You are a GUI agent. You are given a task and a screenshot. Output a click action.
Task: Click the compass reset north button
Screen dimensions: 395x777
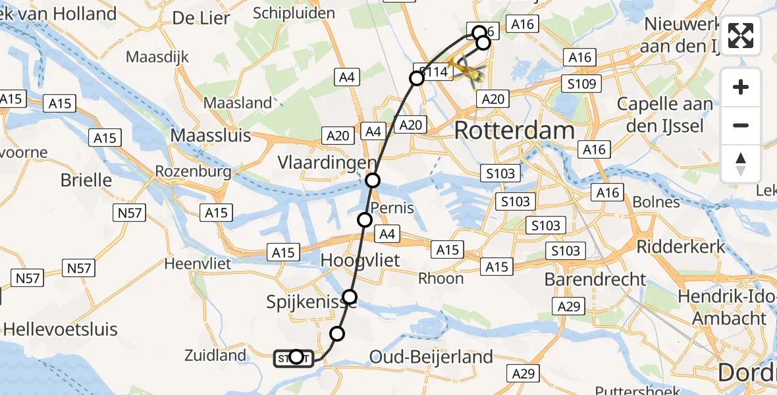741,164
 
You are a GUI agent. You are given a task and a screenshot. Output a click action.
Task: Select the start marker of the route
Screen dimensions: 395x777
296,357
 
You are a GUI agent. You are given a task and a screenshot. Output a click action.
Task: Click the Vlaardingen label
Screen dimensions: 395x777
327,163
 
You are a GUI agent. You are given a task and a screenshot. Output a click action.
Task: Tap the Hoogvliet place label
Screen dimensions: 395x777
360,260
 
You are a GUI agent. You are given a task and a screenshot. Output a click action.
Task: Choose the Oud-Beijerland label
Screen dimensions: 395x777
431,357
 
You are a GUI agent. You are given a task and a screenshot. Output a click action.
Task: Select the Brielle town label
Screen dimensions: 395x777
86,180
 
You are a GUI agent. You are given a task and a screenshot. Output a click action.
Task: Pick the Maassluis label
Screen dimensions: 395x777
211,136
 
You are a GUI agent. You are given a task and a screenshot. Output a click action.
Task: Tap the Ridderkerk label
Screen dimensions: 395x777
681,247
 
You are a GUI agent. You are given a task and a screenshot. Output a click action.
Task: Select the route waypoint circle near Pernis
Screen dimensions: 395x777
365,219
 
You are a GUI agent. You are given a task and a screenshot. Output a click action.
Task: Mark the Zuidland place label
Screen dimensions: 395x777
215,355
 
